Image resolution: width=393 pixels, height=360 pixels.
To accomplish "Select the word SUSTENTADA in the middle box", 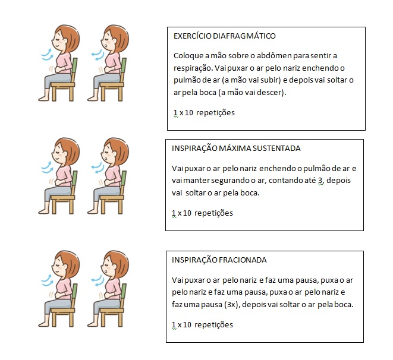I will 279,149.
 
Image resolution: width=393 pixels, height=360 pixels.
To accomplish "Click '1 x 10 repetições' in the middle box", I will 202,213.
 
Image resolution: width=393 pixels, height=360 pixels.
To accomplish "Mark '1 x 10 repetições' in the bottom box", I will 202,324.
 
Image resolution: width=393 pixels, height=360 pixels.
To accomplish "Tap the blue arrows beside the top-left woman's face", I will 47,55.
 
